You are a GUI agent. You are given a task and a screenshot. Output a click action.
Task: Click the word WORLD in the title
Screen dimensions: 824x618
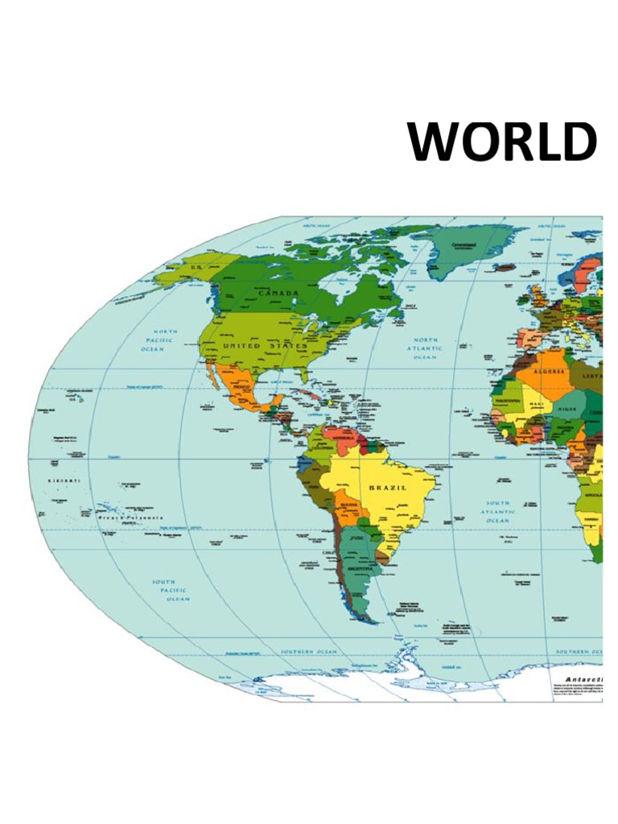pyautogui.click(x=502, y=142)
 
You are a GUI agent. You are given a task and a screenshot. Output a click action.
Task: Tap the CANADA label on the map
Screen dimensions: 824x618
pyautogui.click(x=278, y=293)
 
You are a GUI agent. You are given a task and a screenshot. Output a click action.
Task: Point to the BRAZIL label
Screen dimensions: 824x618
pyautogui.click(x=388, y=488)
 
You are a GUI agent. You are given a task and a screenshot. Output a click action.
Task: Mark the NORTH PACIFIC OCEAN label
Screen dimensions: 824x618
pyautogui.click(x=166, y=340)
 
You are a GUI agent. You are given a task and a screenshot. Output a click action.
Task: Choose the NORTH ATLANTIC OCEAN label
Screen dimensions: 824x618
pyautogui.click(x=426, y=348)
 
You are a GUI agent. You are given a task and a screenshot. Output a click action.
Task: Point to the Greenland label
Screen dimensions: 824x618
pyautogui.click(x=463, y=245)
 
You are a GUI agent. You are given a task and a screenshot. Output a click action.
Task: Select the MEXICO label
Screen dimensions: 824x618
pyautogui.click(x=242, y=387)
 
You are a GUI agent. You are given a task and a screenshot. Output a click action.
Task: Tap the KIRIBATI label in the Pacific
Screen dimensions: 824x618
pyautogui.click(x=65, y=480)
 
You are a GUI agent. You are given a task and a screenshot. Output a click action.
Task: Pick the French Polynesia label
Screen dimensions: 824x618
pyautogui.click(x=130, y=518)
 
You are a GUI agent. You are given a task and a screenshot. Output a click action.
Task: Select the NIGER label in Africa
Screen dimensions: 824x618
pyautogui.click(x=566, y=409)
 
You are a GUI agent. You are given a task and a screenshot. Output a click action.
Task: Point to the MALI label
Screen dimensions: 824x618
pyautogui.click(x=536, y=405)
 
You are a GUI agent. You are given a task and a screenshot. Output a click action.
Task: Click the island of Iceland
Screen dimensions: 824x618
pyautogui.click(x=505, y=267)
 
